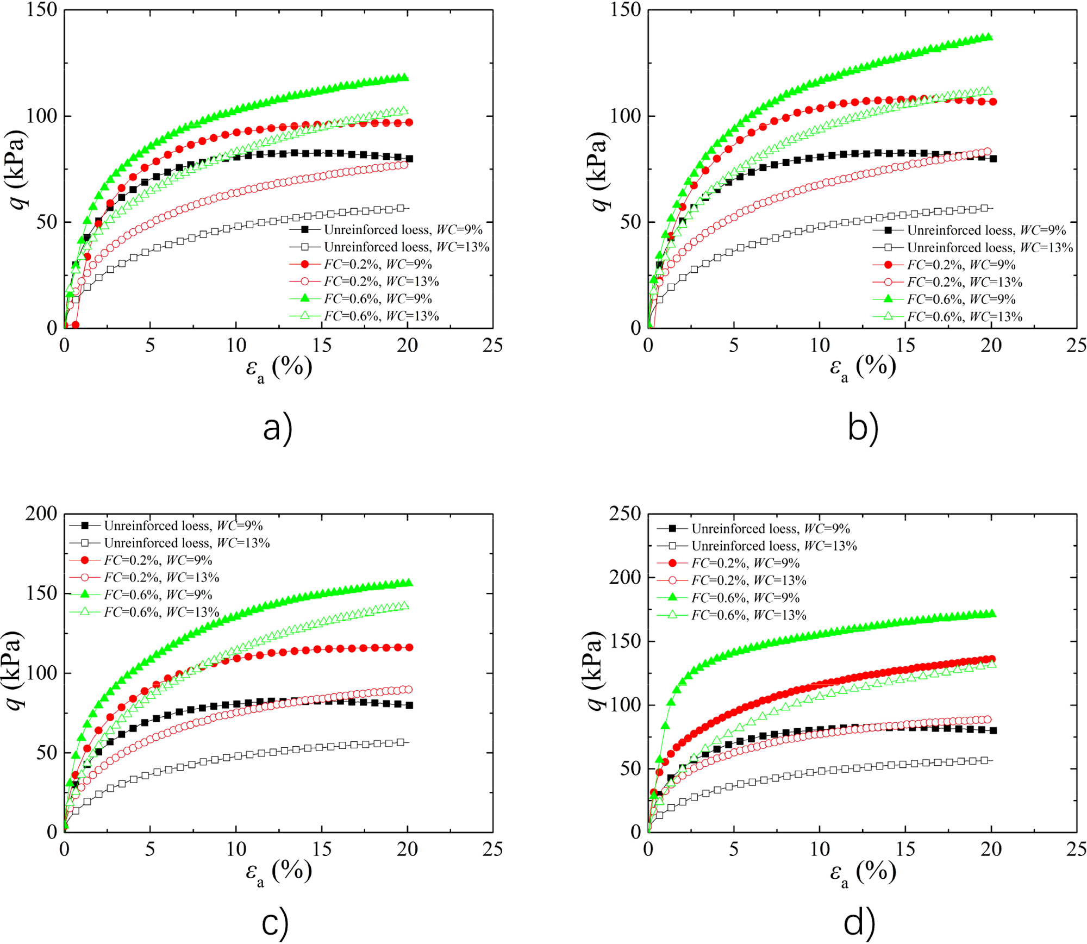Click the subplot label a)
[277, 428]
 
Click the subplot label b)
[863, 428]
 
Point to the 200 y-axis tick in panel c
[41, 514]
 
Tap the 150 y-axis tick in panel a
[41, 10]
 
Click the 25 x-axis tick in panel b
[1076, 346]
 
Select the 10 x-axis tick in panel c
[236, 849]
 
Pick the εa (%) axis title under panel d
[863, 873]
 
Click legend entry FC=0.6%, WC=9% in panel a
[377, 298]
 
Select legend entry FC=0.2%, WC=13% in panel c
[161, 577]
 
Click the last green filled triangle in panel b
[989, 37]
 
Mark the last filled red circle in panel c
[409, 647]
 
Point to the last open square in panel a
[401, 208]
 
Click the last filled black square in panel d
[993, 731]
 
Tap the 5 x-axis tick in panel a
[150, 346]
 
